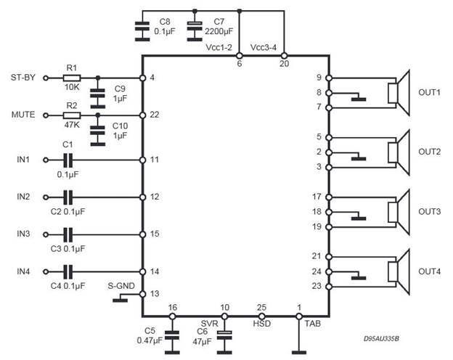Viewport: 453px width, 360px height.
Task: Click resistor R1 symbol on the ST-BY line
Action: (72, 78)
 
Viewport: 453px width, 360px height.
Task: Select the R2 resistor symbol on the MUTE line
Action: (72, 115)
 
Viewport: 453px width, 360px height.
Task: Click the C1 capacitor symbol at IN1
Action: (68, 160)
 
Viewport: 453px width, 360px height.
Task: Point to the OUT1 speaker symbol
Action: (399, 93)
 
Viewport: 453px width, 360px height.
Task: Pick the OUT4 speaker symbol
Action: (399, 271)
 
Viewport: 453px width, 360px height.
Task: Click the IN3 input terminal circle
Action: (46, 234)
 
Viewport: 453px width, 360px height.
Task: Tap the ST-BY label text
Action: (23, 78)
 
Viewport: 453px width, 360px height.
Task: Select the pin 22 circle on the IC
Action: (142, 115)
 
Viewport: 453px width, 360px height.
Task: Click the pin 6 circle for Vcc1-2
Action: (240, 55)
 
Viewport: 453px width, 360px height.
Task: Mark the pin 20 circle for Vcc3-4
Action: (284, 55)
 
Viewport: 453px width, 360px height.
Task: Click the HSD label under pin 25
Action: (262, 324)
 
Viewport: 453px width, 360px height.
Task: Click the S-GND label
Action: (121, 286)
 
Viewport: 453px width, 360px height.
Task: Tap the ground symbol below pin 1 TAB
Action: (299, 352)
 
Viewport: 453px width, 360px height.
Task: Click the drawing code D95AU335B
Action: (381, 339)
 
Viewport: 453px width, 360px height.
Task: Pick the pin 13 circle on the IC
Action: (142, 294)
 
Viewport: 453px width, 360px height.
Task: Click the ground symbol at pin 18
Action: (359, 217)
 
